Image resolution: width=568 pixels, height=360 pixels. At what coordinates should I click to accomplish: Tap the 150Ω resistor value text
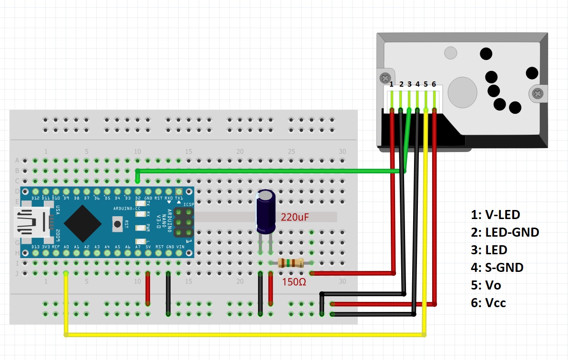(x=294, y=281)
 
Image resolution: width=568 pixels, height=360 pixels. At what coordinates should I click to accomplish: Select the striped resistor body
(x=290, y=262)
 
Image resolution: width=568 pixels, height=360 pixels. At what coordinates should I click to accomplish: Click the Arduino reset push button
(x=116, y=222)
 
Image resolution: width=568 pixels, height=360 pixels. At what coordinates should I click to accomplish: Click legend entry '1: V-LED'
(x=495, y=215)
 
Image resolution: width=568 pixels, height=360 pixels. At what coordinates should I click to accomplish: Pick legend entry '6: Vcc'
(x=488, y=303)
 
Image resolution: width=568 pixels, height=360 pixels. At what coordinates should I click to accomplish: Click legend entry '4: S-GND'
(x=497, y=268)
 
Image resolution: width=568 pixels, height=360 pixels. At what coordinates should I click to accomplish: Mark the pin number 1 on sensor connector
(x=392, y=84)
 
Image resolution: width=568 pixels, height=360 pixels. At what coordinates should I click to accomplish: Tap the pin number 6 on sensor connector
(x=434, y=84)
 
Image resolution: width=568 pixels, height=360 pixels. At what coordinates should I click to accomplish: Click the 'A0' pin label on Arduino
(x=66, y=247)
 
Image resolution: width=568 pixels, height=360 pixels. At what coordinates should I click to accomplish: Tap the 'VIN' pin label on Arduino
(x=180, y=247)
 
